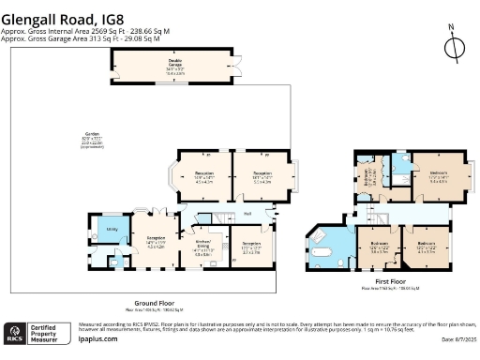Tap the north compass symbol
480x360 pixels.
pyautogui.click(x=454, y=46)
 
